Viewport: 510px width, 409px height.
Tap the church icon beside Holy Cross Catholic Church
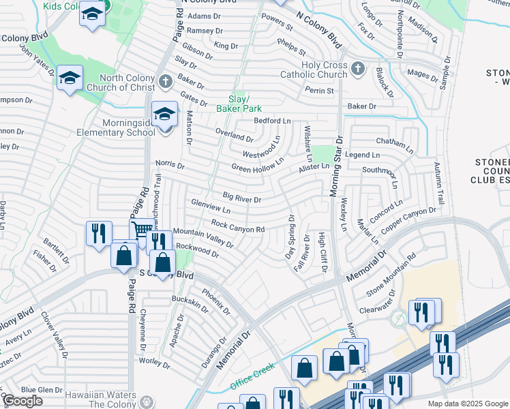pos(359,70)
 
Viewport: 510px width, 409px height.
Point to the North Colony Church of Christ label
pos(126,82)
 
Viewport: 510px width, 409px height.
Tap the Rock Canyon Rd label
pos(238,227)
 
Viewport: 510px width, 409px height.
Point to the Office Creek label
pos(252,376)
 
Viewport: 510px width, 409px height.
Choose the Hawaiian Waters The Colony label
pos(102,399)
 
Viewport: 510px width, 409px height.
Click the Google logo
pos(22,401)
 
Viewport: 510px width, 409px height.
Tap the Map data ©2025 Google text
pos(467,404)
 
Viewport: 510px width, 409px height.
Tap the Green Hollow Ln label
pos(258,166)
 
